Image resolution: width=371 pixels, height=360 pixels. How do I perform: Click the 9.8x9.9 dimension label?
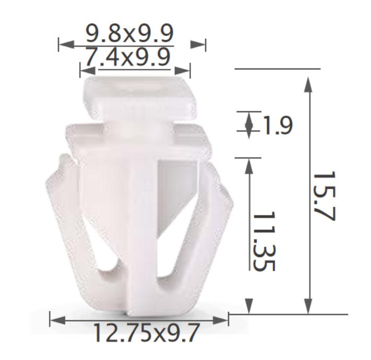(129, 34)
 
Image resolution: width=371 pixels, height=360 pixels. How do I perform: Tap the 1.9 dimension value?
(277, 126)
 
